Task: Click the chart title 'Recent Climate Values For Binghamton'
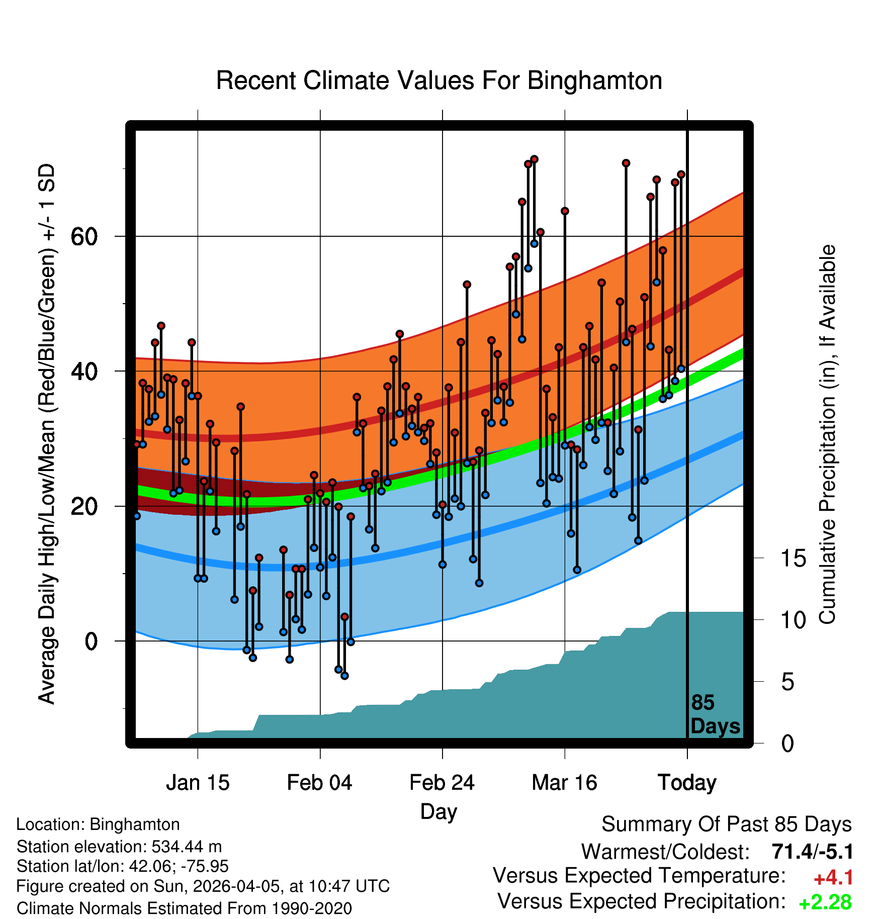[439, 81]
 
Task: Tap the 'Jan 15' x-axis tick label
[198, 783]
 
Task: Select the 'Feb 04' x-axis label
[320, 783]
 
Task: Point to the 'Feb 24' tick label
[442, 783]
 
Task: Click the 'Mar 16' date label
[564, 783]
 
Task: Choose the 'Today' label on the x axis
[687, 783]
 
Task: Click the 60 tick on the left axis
[84, 236]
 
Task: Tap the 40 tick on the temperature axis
[84, 372]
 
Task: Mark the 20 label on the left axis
[84, 506]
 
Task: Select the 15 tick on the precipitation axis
[793, 559]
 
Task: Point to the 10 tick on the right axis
[793, 620]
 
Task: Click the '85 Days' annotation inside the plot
[715, 714]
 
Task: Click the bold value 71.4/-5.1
[812, 852]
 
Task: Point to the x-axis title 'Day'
[439, 811]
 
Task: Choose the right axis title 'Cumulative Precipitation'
[827, 434]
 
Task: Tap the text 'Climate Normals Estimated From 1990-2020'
[184, 908]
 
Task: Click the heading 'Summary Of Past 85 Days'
[726, 824]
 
